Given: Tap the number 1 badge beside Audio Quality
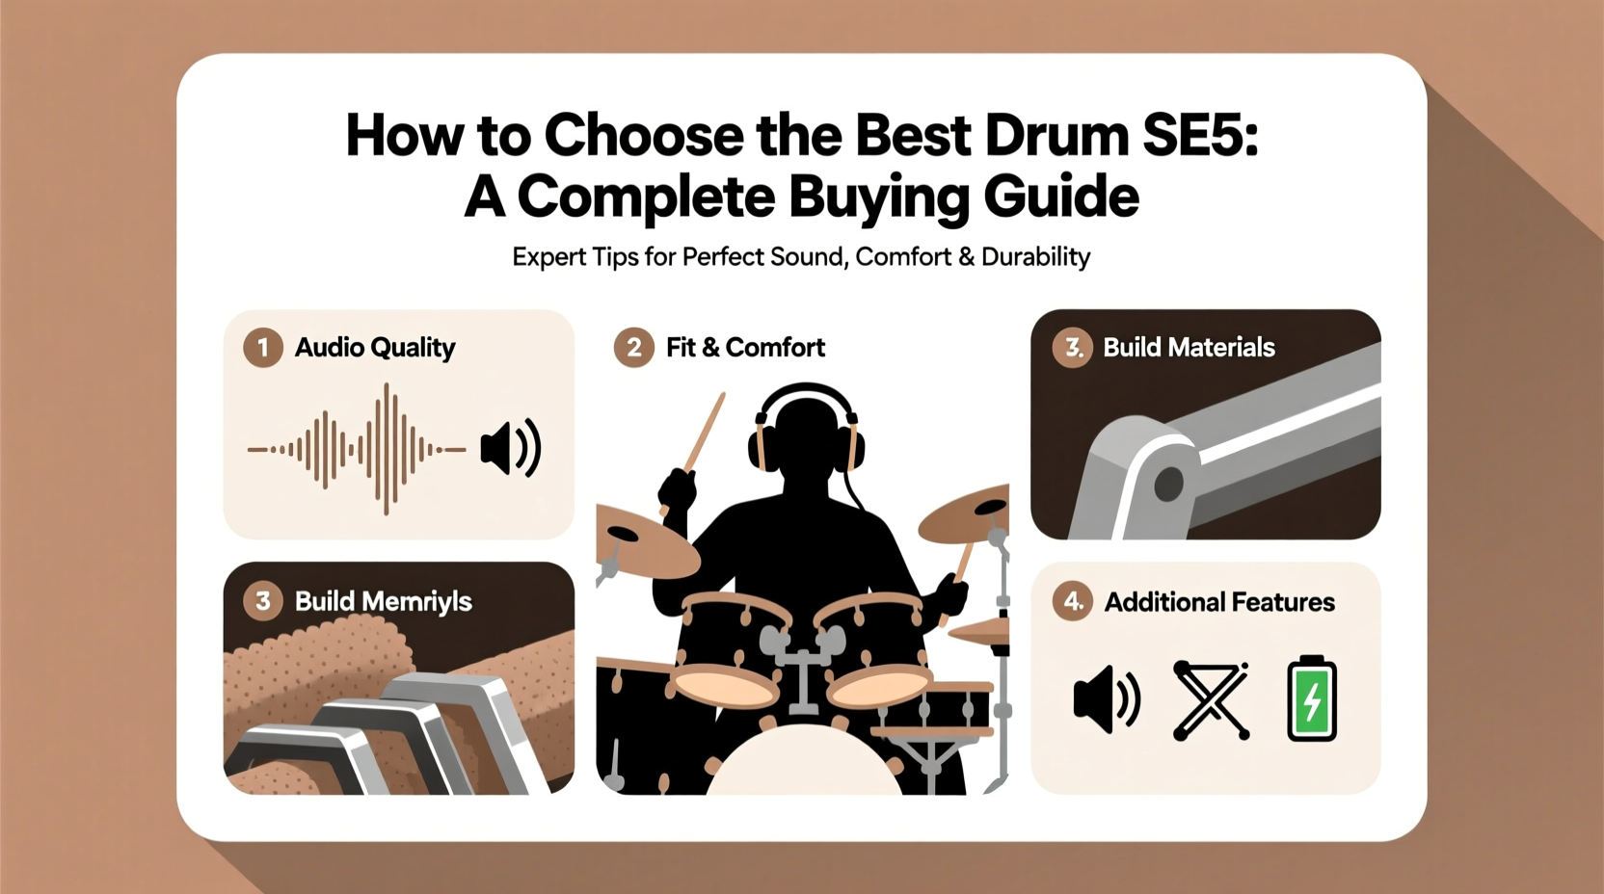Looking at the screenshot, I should (262, 348).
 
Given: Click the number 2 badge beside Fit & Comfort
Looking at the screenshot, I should (633, 348).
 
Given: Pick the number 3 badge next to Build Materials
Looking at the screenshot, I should (1073, 348).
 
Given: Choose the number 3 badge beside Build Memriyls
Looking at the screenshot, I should (262, 601).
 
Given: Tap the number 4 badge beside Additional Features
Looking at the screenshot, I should (1073, 602).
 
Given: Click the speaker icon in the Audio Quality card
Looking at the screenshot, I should (511, 448).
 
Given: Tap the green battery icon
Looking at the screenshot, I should (1312, 699).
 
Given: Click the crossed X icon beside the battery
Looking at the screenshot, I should (1211, 699).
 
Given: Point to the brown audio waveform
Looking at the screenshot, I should (357, 449).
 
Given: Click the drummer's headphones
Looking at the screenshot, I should (806, 424).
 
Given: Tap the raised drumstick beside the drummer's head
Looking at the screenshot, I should (703, 434).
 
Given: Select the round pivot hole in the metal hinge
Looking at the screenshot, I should (1168, 484).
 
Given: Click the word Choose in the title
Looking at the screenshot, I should (644, 136).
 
